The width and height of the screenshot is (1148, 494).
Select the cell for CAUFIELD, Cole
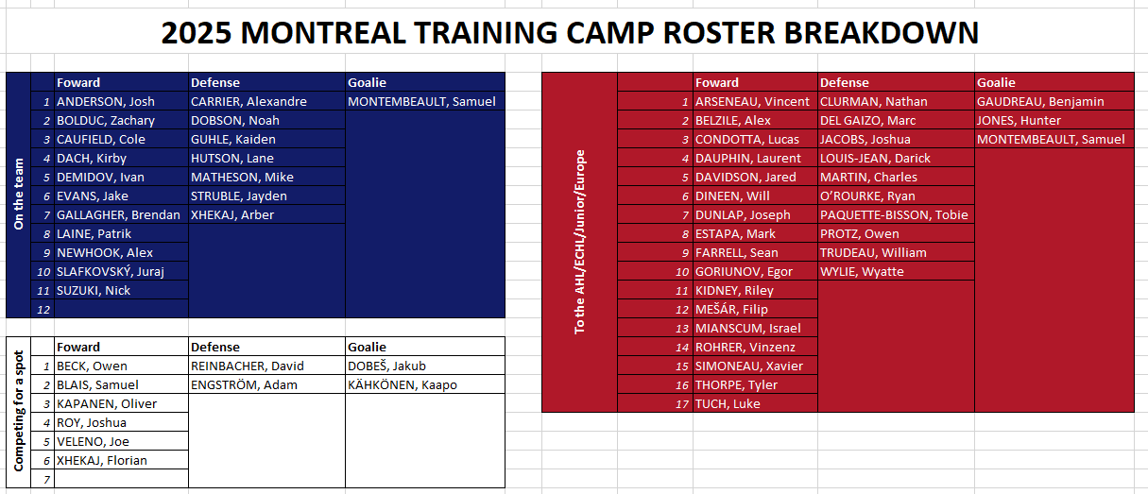pyautogui.click(x=122, y=139)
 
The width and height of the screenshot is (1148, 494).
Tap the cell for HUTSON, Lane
pyautogui.click(x=266, y=158)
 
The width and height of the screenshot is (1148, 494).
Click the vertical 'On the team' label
pyautogui.click(x=19, y=195)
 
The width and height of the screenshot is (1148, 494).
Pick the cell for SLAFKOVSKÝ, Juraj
pyautogui.click(x=122, y=271)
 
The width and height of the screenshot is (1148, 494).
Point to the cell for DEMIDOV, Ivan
pyautogui.click(x=122, y=177)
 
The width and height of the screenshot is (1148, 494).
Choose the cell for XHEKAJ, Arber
pyautogui.click(x=266, y=214)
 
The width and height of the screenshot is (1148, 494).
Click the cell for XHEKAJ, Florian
pyautogui.click(x=122, y=460)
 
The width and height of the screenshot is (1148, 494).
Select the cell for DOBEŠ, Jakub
pyautogui.click(x=425, y=366)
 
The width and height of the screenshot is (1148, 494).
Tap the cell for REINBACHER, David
pyautogui.click(x=266, y=366)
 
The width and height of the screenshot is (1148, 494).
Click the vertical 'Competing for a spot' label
pyautogui.click(x=19, y=411)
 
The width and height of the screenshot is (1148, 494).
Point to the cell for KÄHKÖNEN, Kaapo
pyautogui.click(x=425, y=384)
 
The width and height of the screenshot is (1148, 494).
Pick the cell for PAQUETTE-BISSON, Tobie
pyautogui.click(x=896, y=214)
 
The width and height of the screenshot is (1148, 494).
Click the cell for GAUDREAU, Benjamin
pyautogui.click(x=1054, y=101)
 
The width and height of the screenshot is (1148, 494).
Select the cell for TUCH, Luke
pyautogui.click(x=756, y=404)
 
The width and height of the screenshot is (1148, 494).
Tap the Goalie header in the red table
pyautogui.click(x=996, y=82)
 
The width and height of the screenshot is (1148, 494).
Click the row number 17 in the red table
pyautogui.click(x=681, y=404)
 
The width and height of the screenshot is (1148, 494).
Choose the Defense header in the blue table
pyautogui.click(x=215, y=82)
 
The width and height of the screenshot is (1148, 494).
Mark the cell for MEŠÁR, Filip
pyautogui.click(x=756, y=309)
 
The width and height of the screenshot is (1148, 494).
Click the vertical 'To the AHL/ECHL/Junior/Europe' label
pyautogui.click(x=579, y=242)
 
